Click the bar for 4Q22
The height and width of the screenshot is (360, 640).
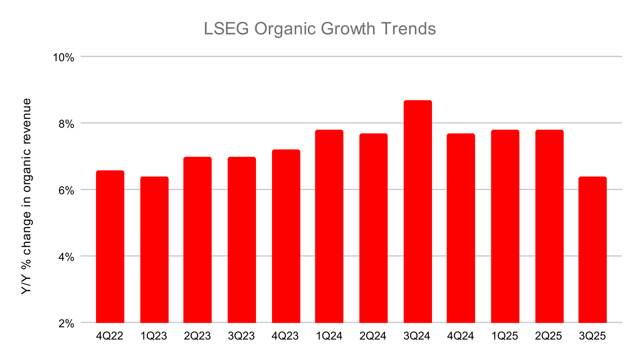pos(110,246)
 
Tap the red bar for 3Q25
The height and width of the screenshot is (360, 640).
pos(592,250)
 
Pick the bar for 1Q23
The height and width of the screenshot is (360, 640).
pos(154,250)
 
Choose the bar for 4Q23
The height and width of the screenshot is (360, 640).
pos(286,236)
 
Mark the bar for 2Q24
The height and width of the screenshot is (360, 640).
pos(373,228)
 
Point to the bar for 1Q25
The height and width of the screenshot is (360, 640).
pos(505,226)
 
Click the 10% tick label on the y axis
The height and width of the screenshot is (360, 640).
pos(64,58)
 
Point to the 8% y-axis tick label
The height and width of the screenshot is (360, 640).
pos(66,124)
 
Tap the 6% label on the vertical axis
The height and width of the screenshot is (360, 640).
pos(66,190)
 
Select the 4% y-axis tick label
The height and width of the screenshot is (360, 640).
pos(66,257)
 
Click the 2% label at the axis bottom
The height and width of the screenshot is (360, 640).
pos(66,323)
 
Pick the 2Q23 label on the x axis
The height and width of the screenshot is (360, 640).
pos(197,336)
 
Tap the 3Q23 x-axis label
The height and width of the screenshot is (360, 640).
pos(241,336)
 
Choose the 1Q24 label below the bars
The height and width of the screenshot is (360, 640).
pos(329,336)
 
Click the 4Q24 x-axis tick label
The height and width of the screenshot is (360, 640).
pos(460,336)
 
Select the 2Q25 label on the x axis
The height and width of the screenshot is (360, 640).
pos(548,336)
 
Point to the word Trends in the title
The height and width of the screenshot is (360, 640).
pos(408,29)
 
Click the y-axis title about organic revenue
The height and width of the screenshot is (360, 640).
pos(26,196)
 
